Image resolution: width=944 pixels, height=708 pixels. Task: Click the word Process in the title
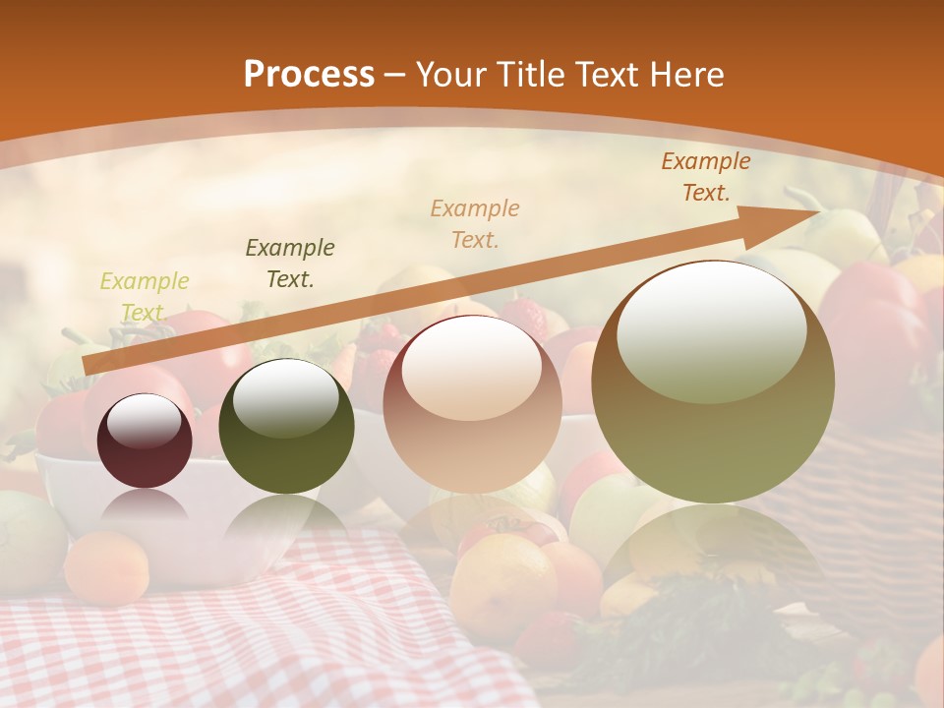coord(309,75)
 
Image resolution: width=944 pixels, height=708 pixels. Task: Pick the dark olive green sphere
coord(285,427)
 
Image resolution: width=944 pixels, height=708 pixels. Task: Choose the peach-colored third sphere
coord(472,404)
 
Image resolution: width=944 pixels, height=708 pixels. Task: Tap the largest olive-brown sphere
coord(713,383)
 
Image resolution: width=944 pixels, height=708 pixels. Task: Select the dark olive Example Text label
coord(289,264)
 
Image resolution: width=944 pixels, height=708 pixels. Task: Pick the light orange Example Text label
coord(475,224)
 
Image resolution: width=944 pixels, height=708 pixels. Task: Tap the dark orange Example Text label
coord(705,177)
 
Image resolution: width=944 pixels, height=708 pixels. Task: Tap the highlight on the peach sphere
coord(472,366)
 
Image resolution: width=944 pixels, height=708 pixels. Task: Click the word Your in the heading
coord(450,75)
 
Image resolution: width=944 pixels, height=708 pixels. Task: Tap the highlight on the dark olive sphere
coord(285,398)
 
